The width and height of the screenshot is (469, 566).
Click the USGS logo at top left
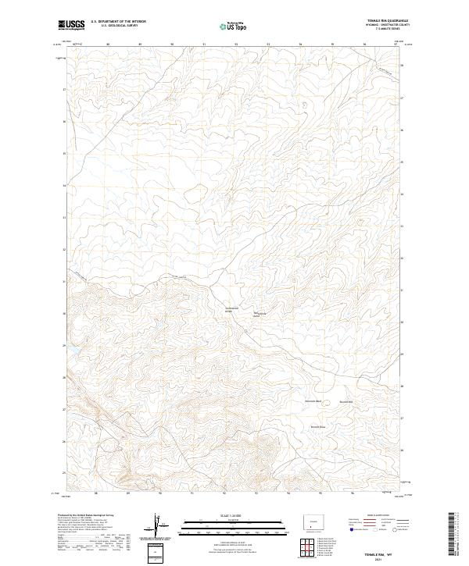click(71, 25)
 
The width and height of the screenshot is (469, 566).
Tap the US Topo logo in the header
click(234, 25)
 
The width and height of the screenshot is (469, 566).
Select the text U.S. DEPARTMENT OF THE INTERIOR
click(117, 22)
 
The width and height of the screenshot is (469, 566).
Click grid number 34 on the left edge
click(64, 186)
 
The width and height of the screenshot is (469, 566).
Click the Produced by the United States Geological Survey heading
click(86, 516)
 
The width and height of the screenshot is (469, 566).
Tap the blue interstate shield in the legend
click(350, 529)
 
